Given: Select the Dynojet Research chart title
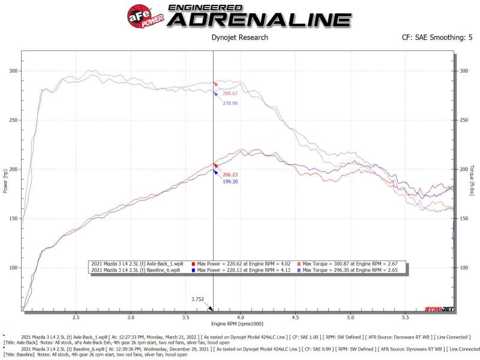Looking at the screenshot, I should pyautogui.click(x=240, y=37).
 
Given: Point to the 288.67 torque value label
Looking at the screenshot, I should pyautogui.click(x=230, y=94).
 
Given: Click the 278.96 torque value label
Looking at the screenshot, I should pyautogui.click(x=230, y=103).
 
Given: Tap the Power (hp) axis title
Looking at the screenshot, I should pyautogui.click(x=5, y=181).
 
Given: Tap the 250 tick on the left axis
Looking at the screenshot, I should pyautogui.click(x=14, y=120).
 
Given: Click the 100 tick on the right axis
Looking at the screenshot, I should pyautogui.click(x=463, y=268).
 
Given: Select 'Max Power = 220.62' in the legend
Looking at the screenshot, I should pyautogui.click(x=220, y=263).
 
